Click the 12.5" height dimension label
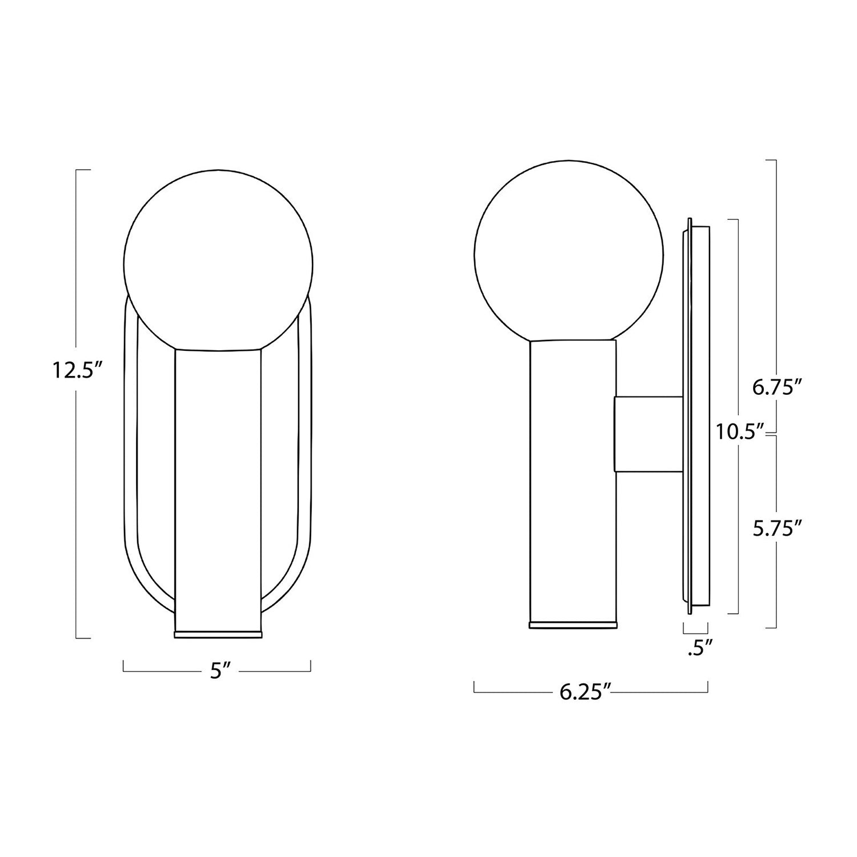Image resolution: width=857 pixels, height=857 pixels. (x=77, y=372)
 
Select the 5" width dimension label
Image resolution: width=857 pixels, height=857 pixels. (x=216, y=671)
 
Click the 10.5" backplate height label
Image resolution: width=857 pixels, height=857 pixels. (x=740, y=431)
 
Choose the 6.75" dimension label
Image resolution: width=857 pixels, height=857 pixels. (x=774, y=388)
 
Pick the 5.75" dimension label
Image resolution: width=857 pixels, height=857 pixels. (x=774, y=529)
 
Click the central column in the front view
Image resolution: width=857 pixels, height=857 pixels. (x=218, y=486)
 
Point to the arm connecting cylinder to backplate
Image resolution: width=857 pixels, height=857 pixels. (x=648, y=434)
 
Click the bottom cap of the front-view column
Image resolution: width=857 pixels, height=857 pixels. (x=218, y=635)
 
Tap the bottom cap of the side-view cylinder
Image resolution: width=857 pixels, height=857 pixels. (x=573, y=625)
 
